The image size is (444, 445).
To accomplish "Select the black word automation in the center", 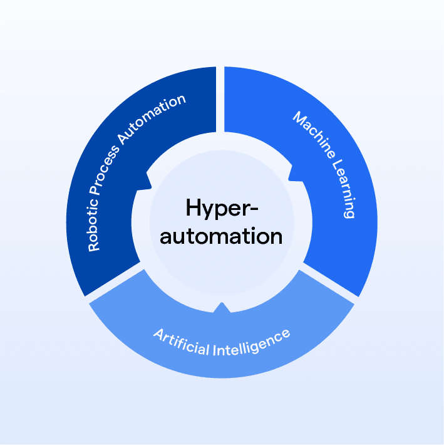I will point(222,236).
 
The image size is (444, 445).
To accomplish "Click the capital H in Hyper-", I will point(191,206).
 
